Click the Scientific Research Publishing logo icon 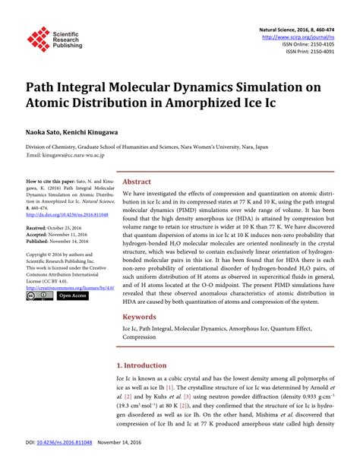(x=37, y=37)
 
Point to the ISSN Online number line (x=312, y=44)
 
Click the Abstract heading (x=137, y=182)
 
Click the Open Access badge (x=73, y=296)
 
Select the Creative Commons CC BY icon (x=40, y=296)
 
